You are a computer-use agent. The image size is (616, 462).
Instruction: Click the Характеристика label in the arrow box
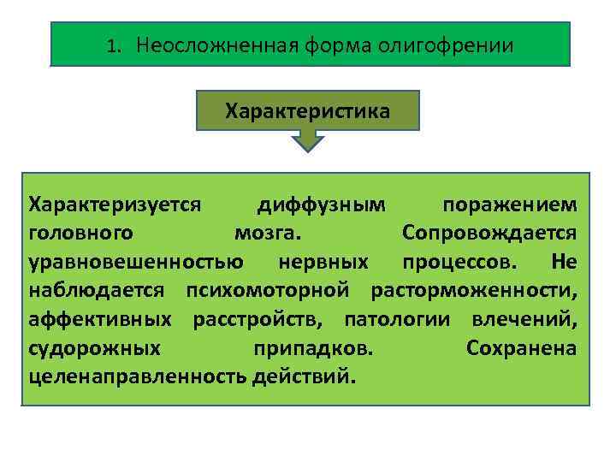point(307,111)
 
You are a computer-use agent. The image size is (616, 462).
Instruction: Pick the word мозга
point(266,233)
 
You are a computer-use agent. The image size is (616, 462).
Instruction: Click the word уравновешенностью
point(135,261)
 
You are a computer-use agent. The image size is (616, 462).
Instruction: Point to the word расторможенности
point(474,290)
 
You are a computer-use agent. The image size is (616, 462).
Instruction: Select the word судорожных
point(94,348)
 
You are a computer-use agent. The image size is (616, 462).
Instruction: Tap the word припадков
point(313,348)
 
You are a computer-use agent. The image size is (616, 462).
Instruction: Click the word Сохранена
point(522,348)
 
